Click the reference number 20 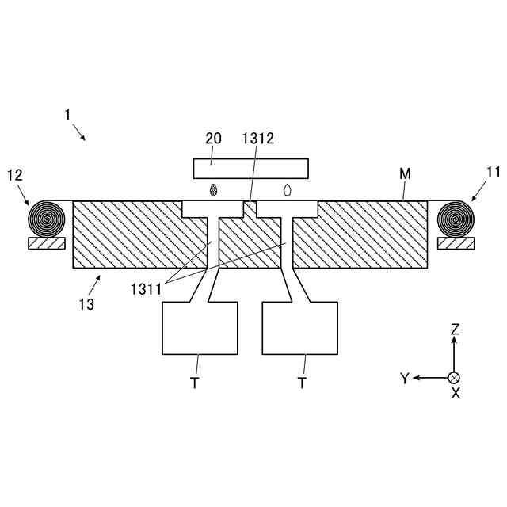point(214,138)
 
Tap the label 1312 point(258,138)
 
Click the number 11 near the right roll point(494,170)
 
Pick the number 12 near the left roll point(14,173)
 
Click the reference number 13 point(86,303)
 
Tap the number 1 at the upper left point(68,115)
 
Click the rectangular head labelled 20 point(250,168)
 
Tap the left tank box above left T point(200,328)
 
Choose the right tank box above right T point(300,328)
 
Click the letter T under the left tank point(193,383)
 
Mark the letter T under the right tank point(302,383)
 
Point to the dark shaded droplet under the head point(213,190)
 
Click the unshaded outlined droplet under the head point(288,190)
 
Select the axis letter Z point(455,329)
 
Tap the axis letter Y point(404,379)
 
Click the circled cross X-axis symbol point(454,378)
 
